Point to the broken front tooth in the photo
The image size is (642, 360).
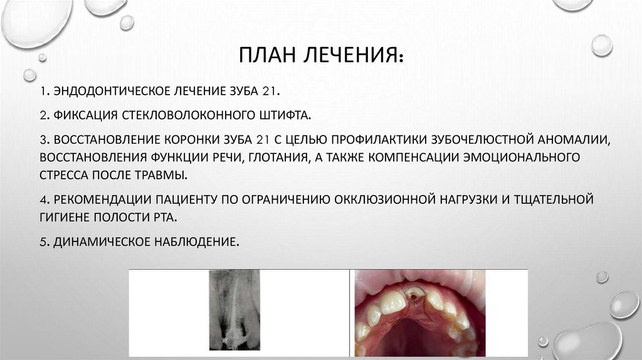(x=415, y=296)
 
